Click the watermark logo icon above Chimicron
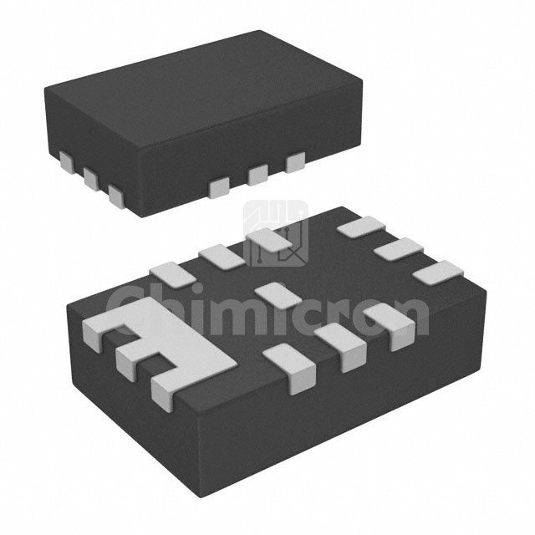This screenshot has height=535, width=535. coord(276,233)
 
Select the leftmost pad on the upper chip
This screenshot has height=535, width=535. coord(67,162)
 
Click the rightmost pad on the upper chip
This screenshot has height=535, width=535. coord(295,162)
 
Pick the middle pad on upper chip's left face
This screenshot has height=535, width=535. coord(91,178)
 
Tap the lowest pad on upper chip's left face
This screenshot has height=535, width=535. coord(116,196)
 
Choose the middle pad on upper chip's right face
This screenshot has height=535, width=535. coord(258,175)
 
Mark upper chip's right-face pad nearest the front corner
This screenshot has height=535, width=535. coord(219,187)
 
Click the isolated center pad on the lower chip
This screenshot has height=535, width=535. coord(278,295)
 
